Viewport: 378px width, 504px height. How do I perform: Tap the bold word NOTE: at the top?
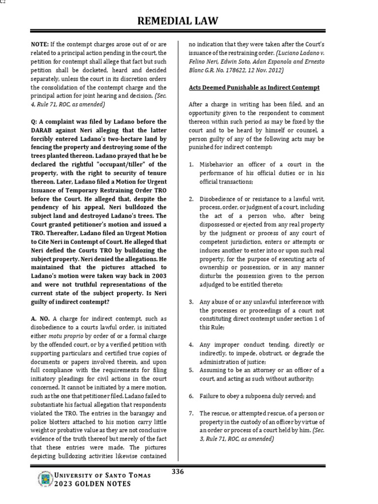40,44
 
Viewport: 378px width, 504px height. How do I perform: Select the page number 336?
178,472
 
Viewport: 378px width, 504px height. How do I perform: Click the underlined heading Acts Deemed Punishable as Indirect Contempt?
254,87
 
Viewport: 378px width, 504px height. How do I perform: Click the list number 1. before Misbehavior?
192,164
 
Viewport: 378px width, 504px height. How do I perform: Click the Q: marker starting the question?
33,122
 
